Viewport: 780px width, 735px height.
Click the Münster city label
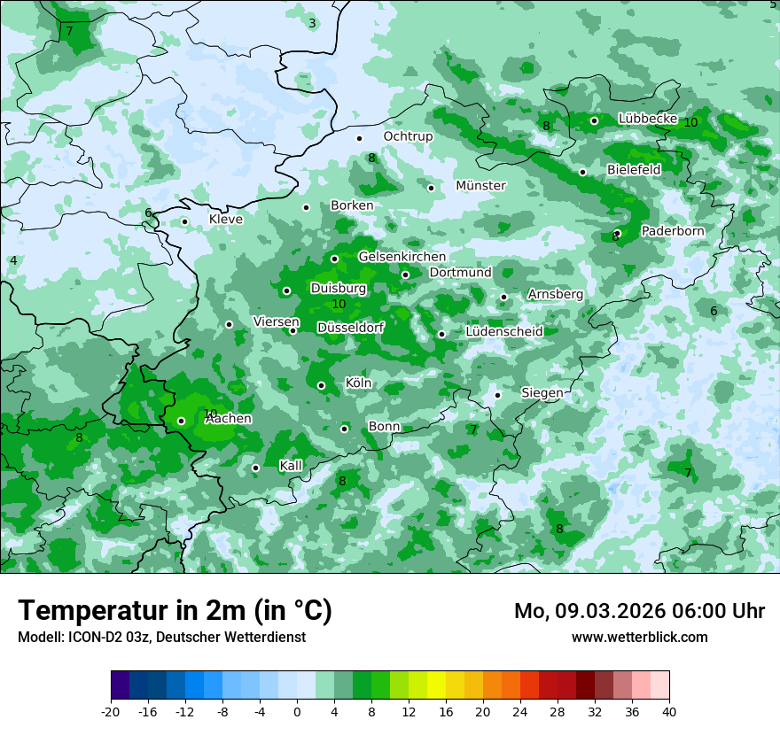[x=480, y=186]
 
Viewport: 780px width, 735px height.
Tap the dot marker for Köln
[x=322, y=385]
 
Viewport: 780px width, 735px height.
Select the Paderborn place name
[x=672, y=231]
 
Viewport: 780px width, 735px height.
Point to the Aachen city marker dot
[x=181, y=421]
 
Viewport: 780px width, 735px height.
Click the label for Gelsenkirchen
[x=402, y=257]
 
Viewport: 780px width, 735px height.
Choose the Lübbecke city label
[x=648, y=119]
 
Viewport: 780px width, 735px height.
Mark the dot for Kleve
[x=184, y=222]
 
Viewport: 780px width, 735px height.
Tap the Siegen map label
[x=541, y=392]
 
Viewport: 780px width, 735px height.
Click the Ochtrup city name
[x=408, y=136]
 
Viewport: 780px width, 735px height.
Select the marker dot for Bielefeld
[x=582, y=172]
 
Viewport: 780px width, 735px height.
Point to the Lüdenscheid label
[x=503, y=332]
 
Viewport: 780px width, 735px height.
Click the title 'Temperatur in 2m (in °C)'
[x=175, y=611]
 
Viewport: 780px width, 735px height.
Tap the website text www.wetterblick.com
[x=639, y=638]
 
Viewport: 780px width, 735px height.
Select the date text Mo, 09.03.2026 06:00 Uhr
[x=639, y=611]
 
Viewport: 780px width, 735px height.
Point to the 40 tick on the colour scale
[x=668, y=711]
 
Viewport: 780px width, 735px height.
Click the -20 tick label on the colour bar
[x=111, y=711]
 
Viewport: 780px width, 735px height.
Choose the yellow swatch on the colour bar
[x=436, y=685]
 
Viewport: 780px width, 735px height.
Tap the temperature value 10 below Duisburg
[x=339, y=304]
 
